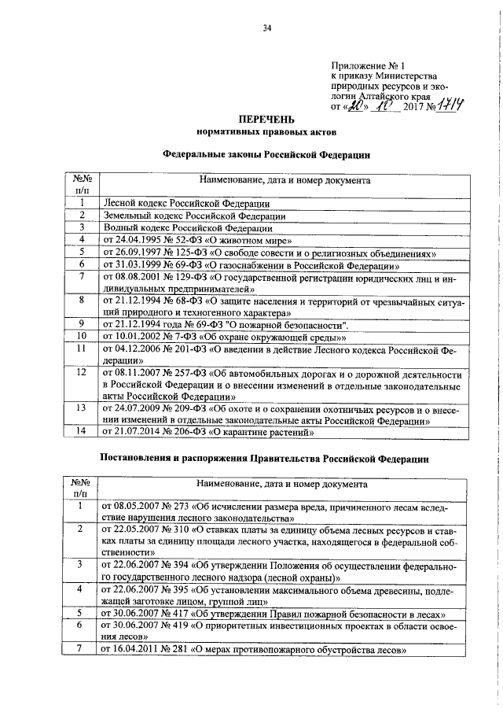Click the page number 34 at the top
[x=267, y=29]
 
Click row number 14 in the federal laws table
[x=80, y=432]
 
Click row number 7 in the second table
[x=80, y=651]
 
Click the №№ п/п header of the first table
[x=80, y=185]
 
